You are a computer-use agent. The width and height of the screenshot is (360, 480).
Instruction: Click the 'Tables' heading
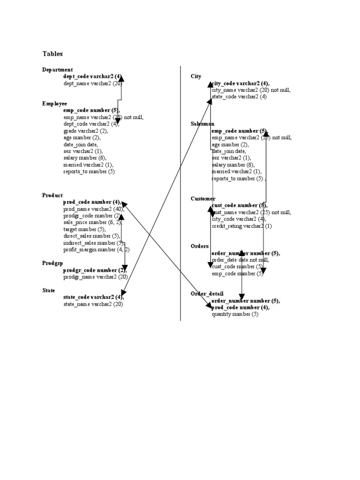[x=52, y=54]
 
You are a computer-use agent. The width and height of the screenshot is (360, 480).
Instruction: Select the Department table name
[x=57, y=70]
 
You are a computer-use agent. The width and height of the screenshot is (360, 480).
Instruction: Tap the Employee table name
[x=54, y=103]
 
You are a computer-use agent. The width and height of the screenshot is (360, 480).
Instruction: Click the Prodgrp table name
[x=52, y=263]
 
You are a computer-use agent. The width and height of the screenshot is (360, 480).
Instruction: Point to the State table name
[x=48, y=290]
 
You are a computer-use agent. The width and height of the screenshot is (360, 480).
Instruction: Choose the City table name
[x=196, y=76]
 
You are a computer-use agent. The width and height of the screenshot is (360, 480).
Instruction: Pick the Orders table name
[x=200, y=246]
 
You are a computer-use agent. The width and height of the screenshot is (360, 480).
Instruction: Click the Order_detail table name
[x=207, y=293]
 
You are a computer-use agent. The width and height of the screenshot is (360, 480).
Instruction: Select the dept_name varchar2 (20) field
[x=92, y=83]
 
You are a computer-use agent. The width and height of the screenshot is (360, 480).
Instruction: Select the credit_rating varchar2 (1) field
[x=241, y=226]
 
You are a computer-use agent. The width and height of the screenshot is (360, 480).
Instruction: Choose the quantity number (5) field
[x=235, y=314]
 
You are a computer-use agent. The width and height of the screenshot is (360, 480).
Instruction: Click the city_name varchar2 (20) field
[x=251, y=90]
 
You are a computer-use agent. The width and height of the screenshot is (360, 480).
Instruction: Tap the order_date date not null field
[x=240, y=260]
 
